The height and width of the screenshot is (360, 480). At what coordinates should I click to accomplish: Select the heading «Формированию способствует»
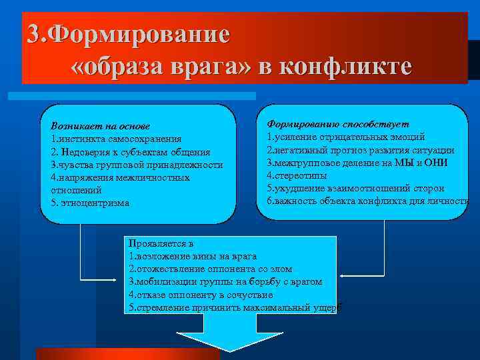point(338,124)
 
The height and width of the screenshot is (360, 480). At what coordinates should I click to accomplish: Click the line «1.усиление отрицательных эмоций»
point(345,137)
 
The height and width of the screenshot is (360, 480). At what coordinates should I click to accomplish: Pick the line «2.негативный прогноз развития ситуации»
point(361,149)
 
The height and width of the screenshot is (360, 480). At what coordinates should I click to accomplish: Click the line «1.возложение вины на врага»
point(192,256)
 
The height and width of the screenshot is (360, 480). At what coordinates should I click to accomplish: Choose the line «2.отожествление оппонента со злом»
point(210,269)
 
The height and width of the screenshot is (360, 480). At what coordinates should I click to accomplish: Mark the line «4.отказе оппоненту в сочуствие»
point(201,294)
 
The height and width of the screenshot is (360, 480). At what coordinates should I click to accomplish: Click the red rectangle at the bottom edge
point(127,353)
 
